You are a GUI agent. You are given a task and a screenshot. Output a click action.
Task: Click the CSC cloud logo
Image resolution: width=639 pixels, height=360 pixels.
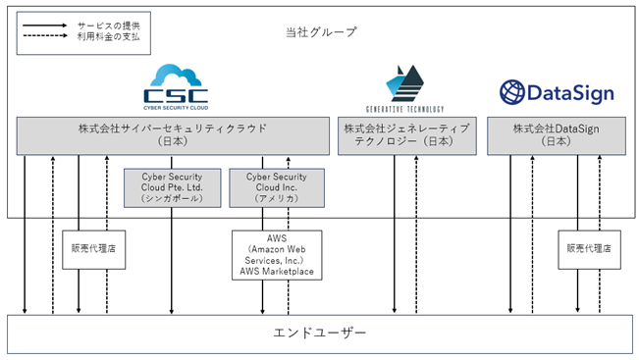pos(176,86)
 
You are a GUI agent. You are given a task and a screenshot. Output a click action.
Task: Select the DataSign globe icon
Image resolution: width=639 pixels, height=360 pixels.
pos(511,92)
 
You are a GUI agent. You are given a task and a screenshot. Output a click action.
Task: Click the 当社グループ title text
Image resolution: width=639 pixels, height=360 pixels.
pos(321,31)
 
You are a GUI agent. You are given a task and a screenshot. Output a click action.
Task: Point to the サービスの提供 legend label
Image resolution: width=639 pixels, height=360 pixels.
pos(109,26)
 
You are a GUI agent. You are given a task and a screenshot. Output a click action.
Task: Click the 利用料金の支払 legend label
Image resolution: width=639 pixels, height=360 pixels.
pos(109,36)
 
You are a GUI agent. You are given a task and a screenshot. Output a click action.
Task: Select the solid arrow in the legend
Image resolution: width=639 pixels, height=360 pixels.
pos(45,26)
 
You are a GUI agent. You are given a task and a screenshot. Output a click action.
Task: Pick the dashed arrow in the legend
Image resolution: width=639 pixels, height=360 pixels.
pos(45,36)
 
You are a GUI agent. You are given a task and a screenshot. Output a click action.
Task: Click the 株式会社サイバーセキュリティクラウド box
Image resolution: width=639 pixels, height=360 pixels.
pos(173,136)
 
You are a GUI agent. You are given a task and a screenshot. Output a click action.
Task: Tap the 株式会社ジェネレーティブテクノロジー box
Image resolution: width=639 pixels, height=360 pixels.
pos(407,136)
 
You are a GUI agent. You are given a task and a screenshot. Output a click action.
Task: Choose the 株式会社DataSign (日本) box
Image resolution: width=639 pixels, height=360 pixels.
pos(557,136)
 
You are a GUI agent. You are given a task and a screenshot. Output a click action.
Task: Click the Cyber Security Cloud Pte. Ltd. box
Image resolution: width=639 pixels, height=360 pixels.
pos(173,188)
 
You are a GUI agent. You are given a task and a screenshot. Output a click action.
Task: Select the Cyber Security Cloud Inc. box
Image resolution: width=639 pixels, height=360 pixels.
pos(277,188)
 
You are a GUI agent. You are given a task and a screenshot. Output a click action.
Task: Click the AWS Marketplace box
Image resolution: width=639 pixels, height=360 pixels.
pos(277,255)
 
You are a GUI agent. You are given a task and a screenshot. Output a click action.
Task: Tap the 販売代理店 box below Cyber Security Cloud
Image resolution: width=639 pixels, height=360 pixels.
pos(93,249)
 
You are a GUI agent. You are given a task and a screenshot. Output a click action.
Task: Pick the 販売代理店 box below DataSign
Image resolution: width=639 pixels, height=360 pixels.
pos(589,249)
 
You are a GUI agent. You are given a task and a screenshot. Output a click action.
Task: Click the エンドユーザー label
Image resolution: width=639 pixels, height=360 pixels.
pos(320,334)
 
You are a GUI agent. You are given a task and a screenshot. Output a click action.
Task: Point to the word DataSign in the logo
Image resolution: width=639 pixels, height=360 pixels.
pos(570,93)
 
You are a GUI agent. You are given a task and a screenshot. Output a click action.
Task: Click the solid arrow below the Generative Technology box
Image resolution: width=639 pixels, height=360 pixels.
pos(394,234)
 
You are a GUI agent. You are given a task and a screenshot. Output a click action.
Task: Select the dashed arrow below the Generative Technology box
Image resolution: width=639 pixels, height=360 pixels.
pos(416,234)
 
